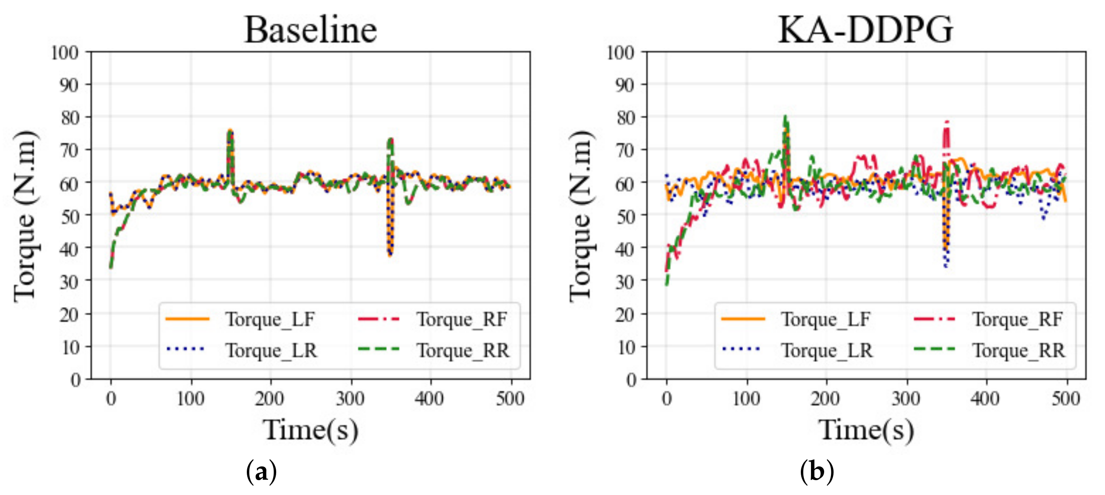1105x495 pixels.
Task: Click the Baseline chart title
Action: pos(311,30)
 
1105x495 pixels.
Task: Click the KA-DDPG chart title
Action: pos(865,30)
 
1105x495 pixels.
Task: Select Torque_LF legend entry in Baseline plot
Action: pos(270,319)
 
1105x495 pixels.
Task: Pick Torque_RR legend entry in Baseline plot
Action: pos(463,351)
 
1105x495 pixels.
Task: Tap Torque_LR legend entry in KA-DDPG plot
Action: pos(826,351)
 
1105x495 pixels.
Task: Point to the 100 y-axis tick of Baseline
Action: pos(65,53)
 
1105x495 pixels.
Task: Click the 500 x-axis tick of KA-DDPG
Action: pos(1065,399)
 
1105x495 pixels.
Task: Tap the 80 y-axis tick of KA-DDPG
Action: pos(625,118)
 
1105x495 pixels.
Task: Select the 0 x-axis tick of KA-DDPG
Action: pos(666,399)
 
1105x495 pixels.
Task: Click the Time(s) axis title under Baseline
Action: pos(311,430)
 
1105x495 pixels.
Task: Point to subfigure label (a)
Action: pos(262,472)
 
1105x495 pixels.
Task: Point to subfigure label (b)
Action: pos(817,472)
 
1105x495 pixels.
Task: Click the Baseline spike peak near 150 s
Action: pos(230,131)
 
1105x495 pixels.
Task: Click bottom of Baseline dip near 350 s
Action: pos(390,255)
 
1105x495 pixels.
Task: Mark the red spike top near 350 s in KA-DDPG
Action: pos(946,122)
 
